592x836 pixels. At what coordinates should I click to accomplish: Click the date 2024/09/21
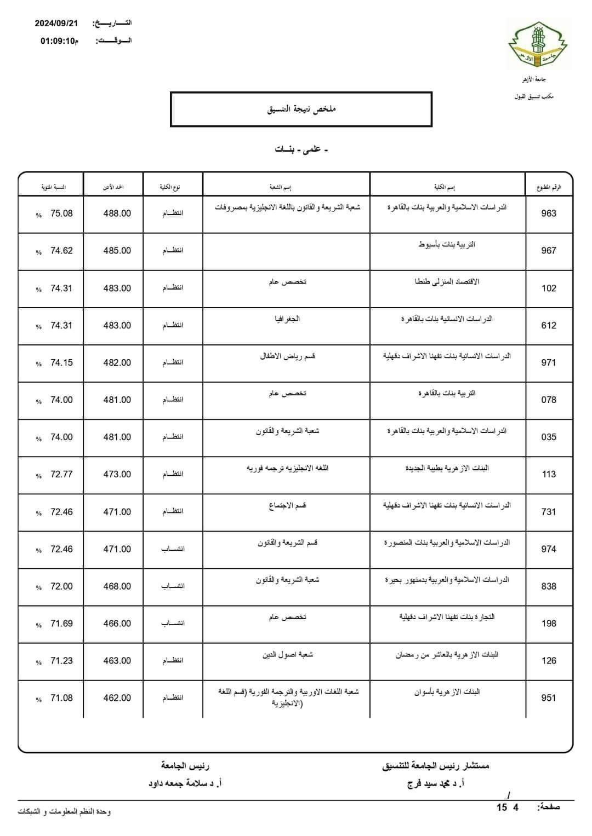56,24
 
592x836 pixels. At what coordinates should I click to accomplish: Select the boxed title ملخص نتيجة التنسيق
301,109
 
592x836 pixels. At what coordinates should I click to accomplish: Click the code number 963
549,214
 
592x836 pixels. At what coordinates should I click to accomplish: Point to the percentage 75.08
61,214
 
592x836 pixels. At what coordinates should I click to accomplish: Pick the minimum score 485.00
117,251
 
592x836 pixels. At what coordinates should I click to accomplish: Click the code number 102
549,288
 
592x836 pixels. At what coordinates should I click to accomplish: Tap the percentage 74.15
61,362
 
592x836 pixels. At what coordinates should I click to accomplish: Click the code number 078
549,400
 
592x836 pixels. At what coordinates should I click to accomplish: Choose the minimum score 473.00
117,474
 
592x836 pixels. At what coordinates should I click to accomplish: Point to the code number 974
549,549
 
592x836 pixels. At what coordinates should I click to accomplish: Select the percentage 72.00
61,586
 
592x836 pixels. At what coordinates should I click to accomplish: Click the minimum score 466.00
117,624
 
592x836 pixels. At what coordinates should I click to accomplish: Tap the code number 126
549,661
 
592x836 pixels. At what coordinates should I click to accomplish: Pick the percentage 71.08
61,698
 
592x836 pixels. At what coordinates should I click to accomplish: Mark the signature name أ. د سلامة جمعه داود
185,783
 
